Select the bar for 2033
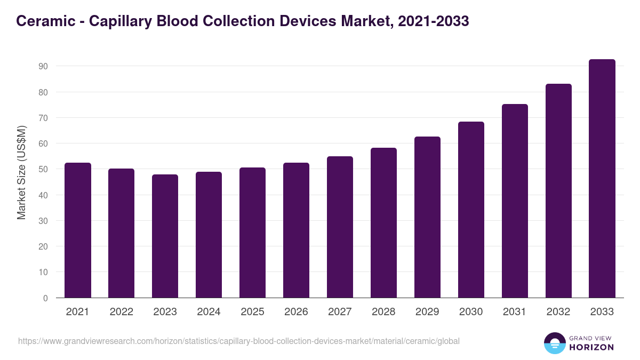(602, 179)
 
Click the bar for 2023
(165, 236)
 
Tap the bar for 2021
(77, 230)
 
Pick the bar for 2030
(471, 210)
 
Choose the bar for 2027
(340, 227)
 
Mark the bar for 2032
(558, 191)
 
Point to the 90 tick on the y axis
(43, 66)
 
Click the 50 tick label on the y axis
(43, 169)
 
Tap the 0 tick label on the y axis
(46, 298)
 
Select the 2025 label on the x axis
(252, 312)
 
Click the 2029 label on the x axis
(427, 312)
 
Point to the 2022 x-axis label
(121, 312)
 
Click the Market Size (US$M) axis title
(21, 172)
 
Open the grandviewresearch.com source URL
(238, 341)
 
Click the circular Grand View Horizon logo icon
(554, 343)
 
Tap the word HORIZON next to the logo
(591, 347)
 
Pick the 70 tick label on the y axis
(43, 117)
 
